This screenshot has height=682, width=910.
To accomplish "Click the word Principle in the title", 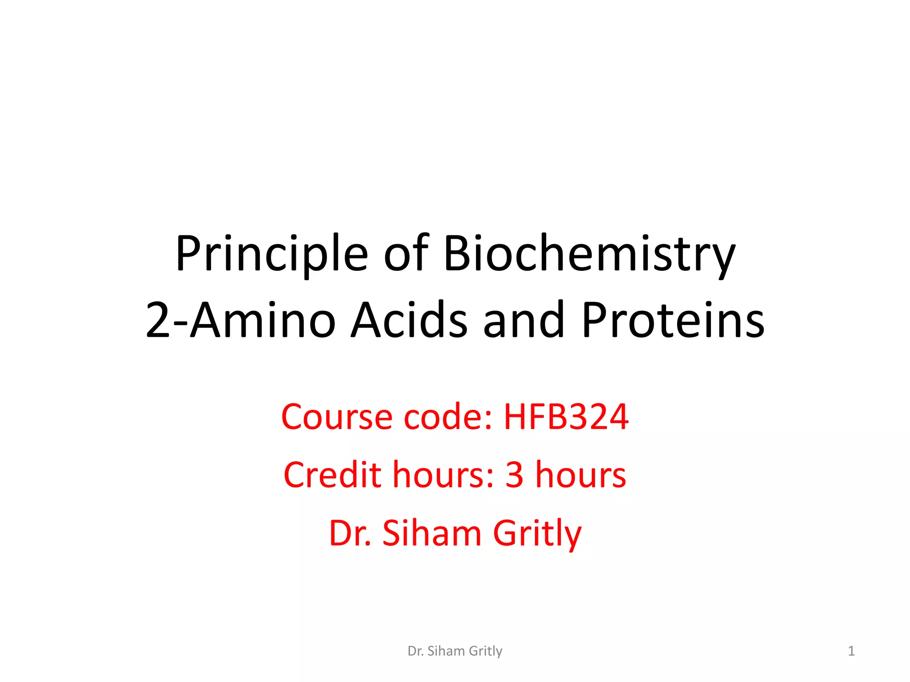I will tap(271, 254).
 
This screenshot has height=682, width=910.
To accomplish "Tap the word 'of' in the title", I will tap(406, 254).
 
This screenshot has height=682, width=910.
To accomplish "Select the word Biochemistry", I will tap(589, 254).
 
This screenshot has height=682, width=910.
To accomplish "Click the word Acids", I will tap(409, 320).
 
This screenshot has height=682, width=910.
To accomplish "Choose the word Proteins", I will tap(673, 320).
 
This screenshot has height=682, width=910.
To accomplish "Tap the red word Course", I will tap(337, 417).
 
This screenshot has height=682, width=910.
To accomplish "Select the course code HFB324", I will tap(566, 417).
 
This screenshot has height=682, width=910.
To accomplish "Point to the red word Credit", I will tap(332, 475).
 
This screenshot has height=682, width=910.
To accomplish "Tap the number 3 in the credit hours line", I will tap(514, 475).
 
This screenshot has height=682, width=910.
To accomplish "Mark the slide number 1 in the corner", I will tap(851, 651).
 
